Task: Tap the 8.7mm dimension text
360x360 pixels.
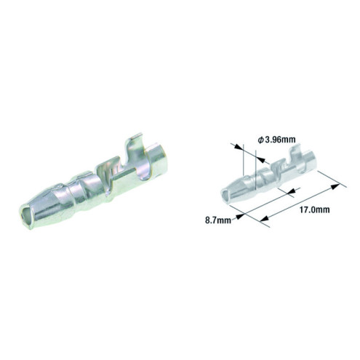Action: (x=217, y=218)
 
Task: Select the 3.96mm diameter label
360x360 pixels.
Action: (x=277, y=139)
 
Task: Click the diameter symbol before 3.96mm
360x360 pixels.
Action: (x=260, y=139)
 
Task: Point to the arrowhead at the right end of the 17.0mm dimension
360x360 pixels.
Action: (x=335, y=186)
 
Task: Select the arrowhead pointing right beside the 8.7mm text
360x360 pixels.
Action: (x=235, y=215)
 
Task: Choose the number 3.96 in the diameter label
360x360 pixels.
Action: (x=274, y=139)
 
